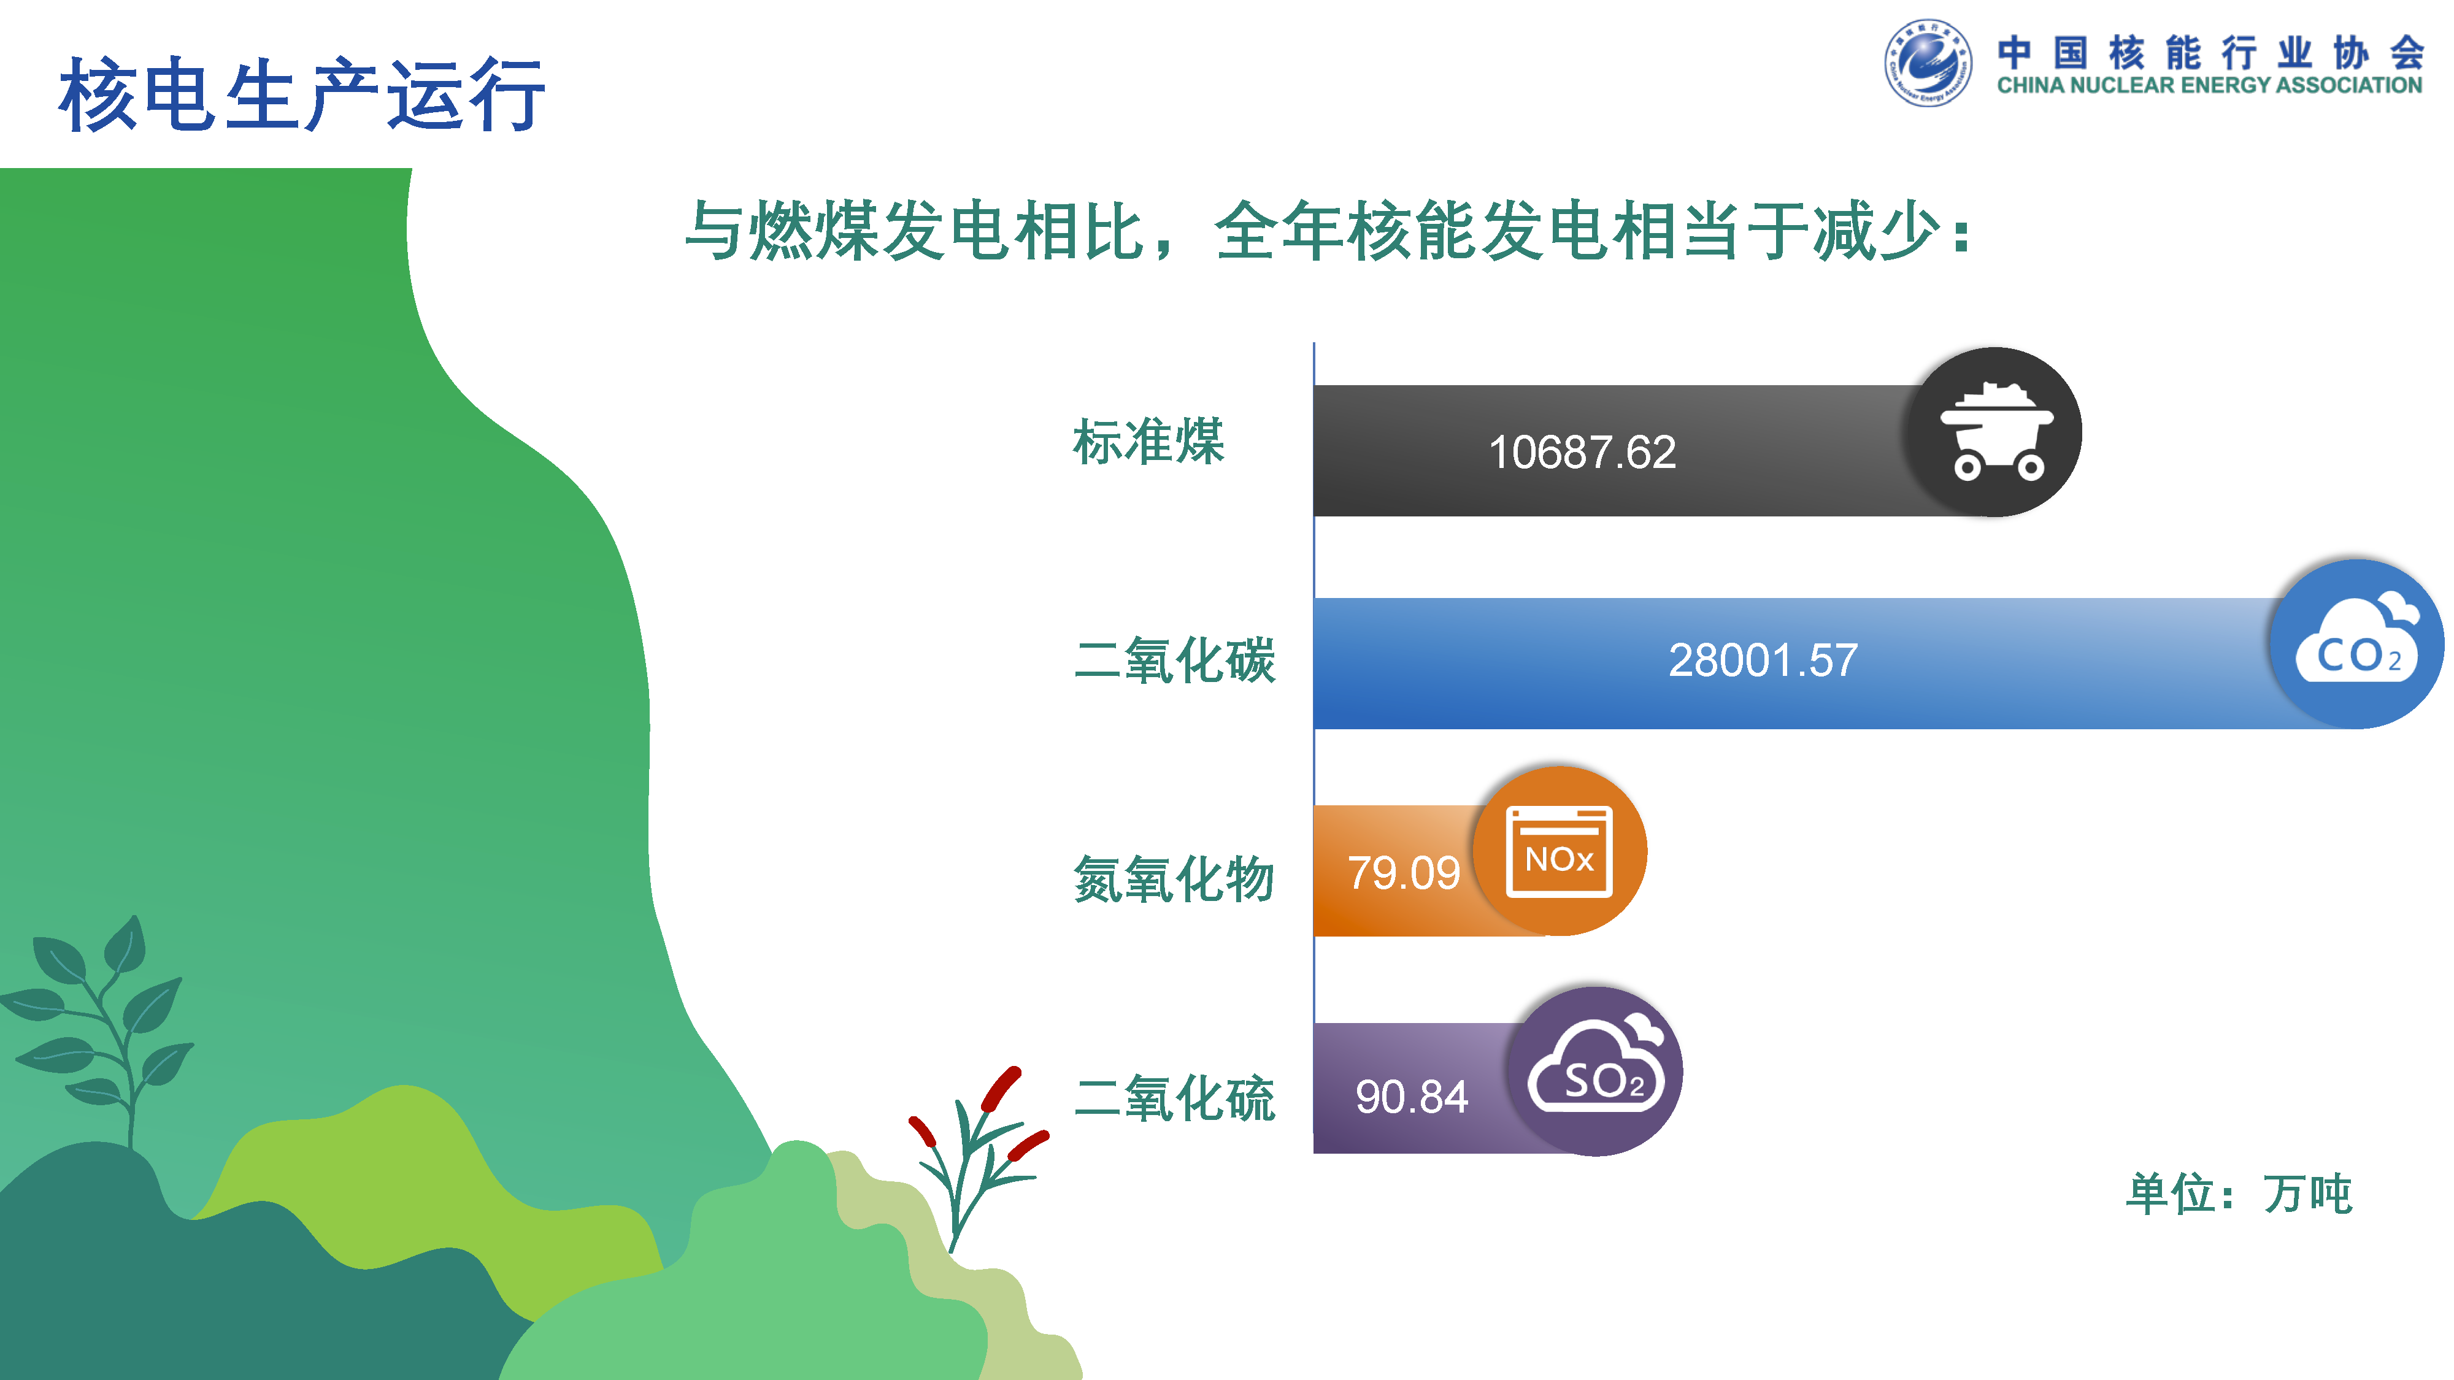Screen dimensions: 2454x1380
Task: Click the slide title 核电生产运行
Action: tap(302, 94)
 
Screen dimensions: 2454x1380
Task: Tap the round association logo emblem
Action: tap(1928, 63)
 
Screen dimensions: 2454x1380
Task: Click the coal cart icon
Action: tap(1996, 431)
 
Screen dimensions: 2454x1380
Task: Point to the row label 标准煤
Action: tap(1148, 442)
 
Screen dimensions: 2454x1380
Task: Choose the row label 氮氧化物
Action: tap(1174, 878)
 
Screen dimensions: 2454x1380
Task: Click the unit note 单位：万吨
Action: tap(2240, 1194)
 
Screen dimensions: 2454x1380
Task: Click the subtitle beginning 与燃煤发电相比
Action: tap(1329, 231)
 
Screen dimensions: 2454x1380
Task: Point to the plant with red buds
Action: tap(977, 1157)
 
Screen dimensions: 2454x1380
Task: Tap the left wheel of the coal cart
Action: tap(1968, 467)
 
